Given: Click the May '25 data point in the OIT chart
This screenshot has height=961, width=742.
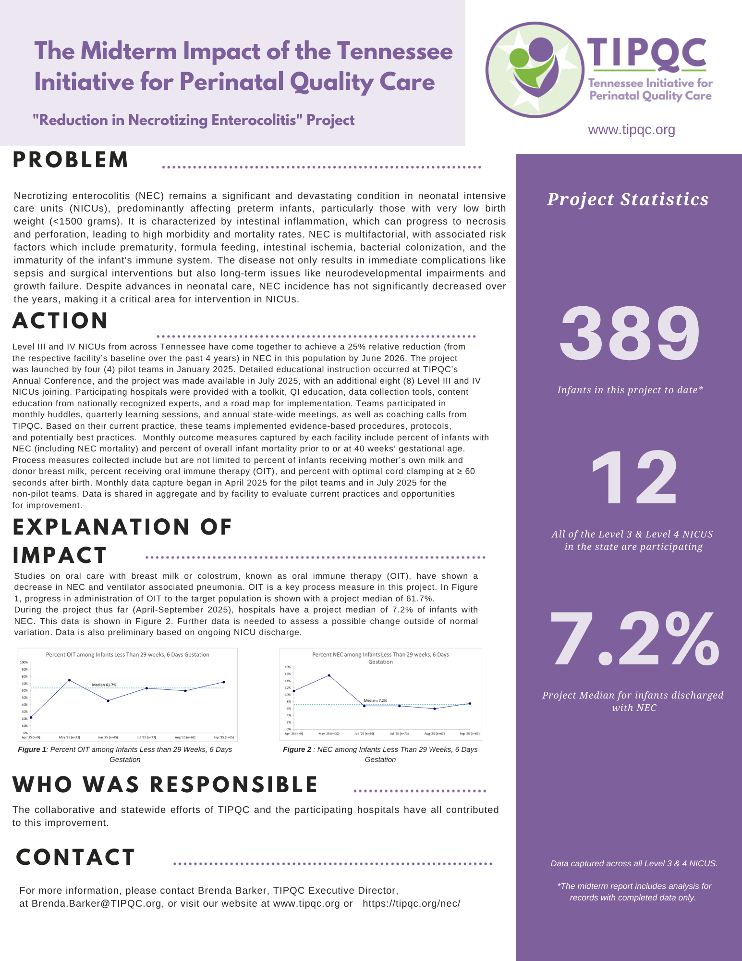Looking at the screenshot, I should pos(70,680).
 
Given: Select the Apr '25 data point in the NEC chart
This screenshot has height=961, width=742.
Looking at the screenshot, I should pos(293,691).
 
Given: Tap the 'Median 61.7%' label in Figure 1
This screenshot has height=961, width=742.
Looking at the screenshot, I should pos(104,685).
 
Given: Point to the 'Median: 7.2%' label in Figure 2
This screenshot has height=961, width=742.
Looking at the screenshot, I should pos(375,700).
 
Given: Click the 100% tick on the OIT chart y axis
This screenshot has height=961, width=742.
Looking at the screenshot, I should pos(24,662).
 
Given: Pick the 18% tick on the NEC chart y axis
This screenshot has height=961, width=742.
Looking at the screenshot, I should pos(288,667).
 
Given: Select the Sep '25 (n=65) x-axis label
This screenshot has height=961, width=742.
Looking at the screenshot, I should pos(223,737).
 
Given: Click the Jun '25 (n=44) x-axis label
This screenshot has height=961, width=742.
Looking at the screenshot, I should pos(364,734).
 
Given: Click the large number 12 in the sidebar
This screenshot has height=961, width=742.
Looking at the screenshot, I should pos(633,478).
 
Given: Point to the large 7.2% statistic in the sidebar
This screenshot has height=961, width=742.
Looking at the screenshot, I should pos(634,639).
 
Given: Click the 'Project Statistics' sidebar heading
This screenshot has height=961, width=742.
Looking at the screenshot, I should pos(628,199).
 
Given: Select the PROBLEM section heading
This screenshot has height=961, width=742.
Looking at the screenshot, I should pos(71,160).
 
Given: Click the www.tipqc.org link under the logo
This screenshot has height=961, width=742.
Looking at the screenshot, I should pos(632,130).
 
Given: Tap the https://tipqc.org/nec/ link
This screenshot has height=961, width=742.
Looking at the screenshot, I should pos(411,903).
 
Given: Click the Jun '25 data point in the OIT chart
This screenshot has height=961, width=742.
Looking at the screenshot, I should pos(108,700).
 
